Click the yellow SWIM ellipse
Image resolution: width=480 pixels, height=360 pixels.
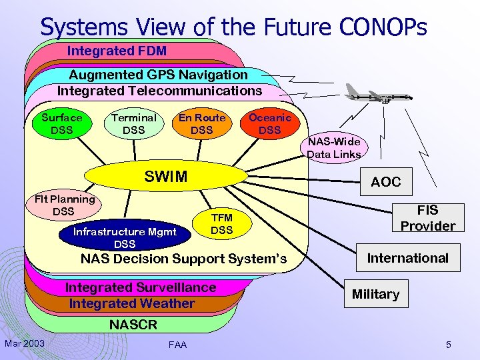click(166, 177)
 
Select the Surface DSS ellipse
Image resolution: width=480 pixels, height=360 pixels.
click(62, 123)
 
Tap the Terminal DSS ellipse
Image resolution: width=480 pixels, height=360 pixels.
click(133, 123)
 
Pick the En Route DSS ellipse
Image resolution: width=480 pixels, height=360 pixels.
click(201, 123)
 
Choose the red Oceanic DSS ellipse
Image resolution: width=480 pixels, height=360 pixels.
click(269, 123)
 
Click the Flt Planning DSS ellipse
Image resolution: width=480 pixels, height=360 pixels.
click(65, 205)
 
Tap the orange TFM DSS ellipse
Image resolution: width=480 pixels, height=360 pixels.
click(221, 224)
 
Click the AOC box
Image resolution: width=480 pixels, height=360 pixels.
click(386, 181)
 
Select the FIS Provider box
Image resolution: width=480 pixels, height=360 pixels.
click(427, 218)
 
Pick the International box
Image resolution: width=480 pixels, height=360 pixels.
click(408, 258)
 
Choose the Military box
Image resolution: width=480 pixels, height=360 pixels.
click(375, 294)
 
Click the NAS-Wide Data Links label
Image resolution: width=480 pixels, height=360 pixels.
click(334, 147)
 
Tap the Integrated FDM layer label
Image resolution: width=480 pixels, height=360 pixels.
click(117, 51)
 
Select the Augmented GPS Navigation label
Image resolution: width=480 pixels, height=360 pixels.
click(158, 75)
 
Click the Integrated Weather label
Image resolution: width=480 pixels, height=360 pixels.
click(132, 303)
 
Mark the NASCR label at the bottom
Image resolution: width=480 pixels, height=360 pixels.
click(133, 325)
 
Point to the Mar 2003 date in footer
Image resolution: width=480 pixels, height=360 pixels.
click(25, 343)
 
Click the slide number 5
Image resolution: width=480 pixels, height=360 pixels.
click(449, 345)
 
